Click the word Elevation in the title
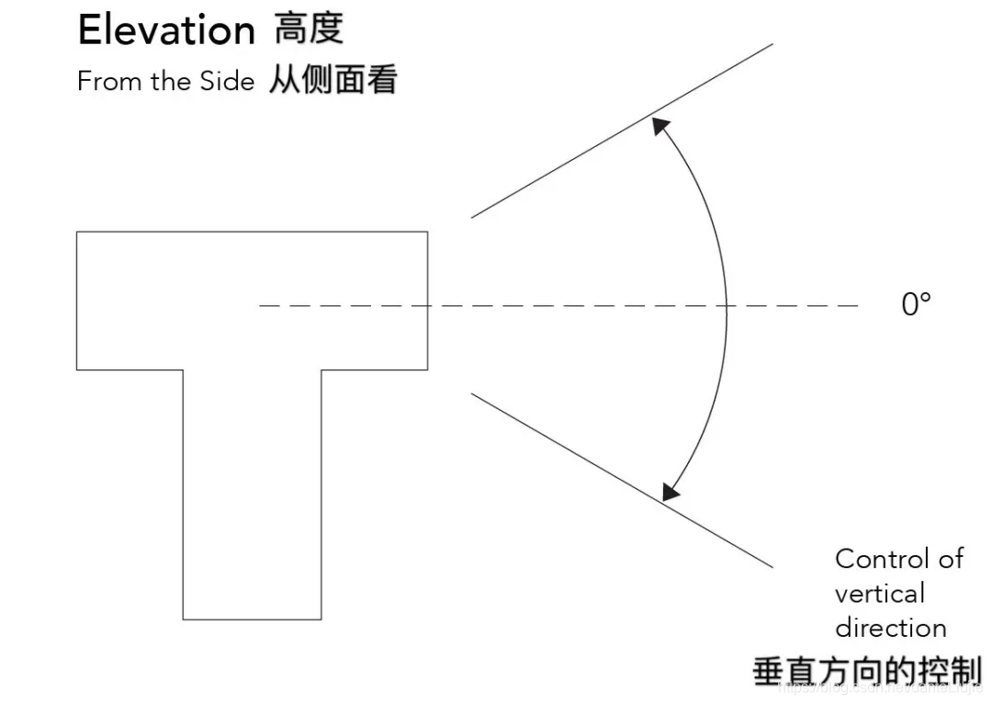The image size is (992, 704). (165, 31)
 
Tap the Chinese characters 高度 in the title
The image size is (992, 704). (309, 29)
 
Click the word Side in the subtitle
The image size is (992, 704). (225, 82)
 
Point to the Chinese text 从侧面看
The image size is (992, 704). (333, 81)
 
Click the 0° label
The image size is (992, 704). (916, 305)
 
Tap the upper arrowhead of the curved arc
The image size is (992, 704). (659, 126)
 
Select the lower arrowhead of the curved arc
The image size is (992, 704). (672, 492)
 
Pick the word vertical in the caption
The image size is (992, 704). (879, 594)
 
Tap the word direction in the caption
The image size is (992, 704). (890, 629)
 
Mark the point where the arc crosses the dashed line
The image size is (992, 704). (727, 305)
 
